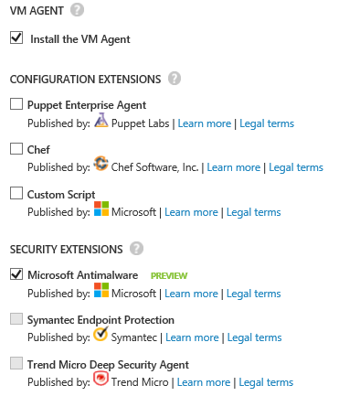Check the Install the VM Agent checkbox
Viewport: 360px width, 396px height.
pyautogui.click(x=16, y=38)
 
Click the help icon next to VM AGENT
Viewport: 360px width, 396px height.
pyautogui.click(x=89, y=10)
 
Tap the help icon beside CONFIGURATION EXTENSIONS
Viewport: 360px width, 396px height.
pyautogui.click(x=175, y=79)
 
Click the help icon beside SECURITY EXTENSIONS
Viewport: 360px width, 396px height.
pyautogui.click(x=137, y=248)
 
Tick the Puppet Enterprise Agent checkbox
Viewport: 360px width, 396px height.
pyautogui.click(x=16, y=105)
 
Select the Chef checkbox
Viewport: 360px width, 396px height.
pyautogui.click(x=16, y=149)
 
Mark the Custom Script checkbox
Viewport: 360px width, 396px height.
pyautogui.click(x=16, y=193)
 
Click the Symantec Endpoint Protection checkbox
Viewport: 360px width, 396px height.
pyautogui.click(x=16, y=319)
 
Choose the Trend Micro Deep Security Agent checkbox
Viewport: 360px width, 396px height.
pyautogui.click(x=16, y=364)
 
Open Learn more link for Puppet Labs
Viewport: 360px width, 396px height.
pyautogui.click(x=204, y=123)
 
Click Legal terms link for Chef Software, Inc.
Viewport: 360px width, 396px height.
pyautogui.click(x=295, y=167)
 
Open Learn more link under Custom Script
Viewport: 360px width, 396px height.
pyautogui.click(x=191, y=212)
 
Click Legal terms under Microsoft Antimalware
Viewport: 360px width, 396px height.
pyautogui.click(x=253, y=294)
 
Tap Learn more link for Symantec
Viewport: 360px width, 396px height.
pyautogui.click(x=190, y=338)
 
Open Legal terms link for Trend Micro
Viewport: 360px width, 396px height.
pyautogui.click(x=266, y=382)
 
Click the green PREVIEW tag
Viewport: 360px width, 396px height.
pyautogui.click(x=169, y=274)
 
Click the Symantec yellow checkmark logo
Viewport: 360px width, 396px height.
pyautogui.click(x=101, y=336)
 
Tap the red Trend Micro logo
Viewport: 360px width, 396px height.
pyautogui.click(x=101, y=380)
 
